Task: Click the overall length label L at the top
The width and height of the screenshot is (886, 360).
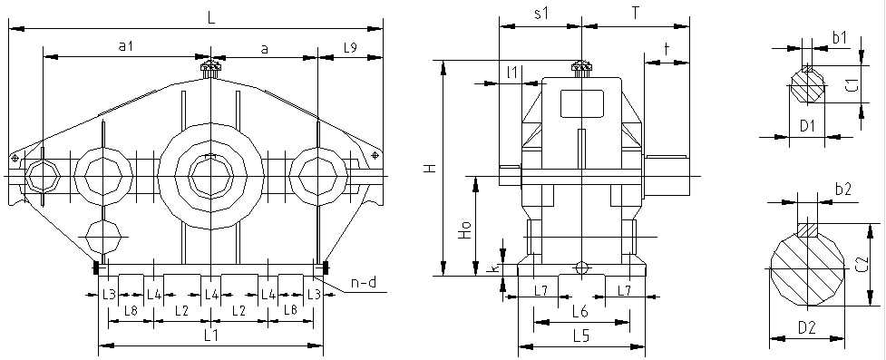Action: (x=211, y=17)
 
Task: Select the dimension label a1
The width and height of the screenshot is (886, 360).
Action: (x=125, y=47)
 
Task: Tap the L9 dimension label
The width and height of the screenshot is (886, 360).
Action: (x=350, y=48)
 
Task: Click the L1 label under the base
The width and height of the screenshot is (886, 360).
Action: (x=210, y=336)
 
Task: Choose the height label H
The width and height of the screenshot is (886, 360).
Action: (x=431, y=168)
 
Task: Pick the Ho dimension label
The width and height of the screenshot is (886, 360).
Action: (x=464, y=229)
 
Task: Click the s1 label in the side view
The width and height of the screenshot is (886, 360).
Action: (x=541, y=15)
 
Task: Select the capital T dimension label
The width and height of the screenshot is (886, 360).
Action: (x=635, y=15)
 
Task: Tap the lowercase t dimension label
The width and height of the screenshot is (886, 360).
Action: (x=667, y=50)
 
